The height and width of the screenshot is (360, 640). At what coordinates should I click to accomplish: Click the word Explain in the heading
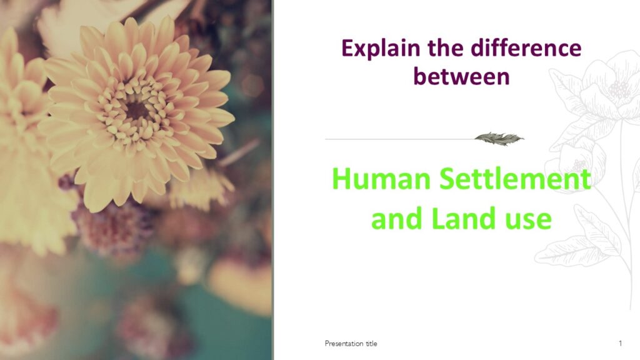(381, 49)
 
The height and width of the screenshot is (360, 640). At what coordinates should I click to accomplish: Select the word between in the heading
(462, 76)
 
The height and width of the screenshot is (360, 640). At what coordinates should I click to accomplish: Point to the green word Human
(381, 179)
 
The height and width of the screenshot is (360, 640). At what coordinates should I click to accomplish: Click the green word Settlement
(516, 179)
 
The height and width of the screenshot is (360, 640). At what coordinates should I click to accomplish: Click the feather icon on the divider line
(499, 139)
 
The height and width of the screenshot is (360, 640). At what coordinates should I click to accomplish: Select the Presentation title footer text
(351, 344)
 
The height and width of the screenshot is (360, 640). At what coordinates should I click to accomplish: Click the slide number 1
(621, 343)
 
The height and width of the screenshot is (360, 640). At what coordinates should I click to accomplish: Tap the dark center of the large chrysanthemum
(136, 110)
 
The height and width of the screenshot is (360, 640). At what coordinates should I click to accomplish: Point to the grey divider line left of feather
(400, 139)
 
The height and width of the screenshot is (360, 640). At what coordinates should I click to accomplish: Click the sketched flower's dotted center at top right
(619, 89)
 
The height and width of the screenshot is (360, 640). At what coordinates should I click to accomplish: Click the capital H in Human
(342, 179)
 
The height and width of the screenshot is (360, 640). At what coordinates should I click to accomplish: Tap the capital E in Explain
(347, 47)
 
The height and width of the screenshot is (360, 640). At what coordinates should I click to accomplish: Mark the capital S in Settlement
(448, 179)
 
